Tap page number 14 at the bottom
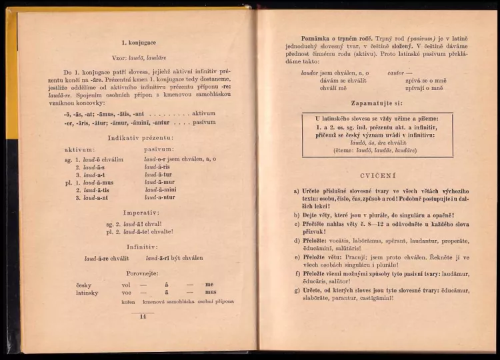click(142, 316)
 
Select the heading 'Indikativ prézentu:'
click(141, 138)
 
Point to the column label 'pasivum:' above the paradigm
click(158, 149)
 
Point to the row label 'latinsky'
click(87, 293)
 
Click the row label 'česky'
click(84, 285)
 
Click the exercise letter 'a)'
click(297, 191)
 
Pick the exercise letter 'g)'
click(297, 291)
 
